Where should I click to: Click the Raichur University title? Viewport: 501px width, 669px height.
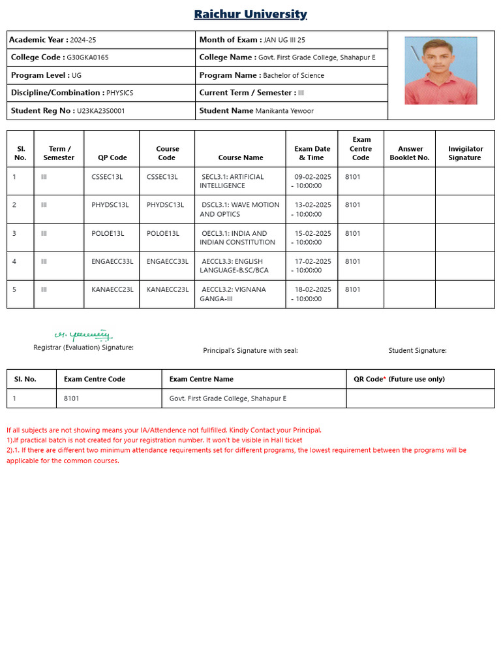click(250, 14)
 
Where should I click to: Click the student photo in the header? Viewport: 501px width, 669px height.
click(440, 71)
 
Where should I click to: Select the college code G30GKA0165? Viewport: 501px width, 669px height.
click(88, 57)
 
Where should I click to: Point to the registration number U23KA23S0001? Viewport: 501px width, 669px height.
click(101, 111)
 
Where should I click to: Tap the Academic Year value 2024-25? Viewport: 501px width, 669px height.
click(83, 40)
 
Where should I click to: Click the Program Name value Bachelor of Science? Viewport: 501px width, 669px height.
click(293, 75)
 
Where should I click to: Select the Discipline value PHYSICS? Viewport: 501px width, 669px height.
click(119, 93)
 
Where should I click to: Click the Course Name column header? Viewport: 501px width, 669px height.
click(241, 157)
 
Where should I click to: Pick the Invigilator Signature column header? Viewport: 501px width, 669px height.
click(464, 153)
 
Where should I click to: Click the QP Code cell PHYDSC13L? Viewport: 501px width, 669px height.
click(110, 205)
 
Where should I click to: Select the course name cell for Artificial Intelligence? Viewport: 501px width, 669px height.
click(232, 181)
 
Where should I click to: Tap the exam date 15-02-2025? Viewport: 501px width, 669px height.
click(312, 233)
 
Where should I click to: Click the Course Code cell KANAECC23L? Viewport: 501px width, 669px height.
click(168, 289)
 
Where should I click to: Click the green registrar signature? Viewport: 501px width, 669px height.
click(83, 335)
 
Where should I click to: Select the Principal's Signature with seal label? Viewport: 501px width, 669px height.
click(250, 351)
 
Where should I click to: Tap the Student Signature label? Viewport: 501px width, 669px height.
click(417, 351)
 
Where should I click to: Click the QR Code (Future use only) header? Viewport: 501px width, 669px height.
click(399, 379)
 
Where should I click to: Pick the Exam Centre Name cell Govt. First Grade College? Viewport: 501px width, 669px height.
click(228, 399)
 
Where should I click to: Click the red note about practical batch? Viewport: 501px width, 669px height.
click(154, 440)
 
